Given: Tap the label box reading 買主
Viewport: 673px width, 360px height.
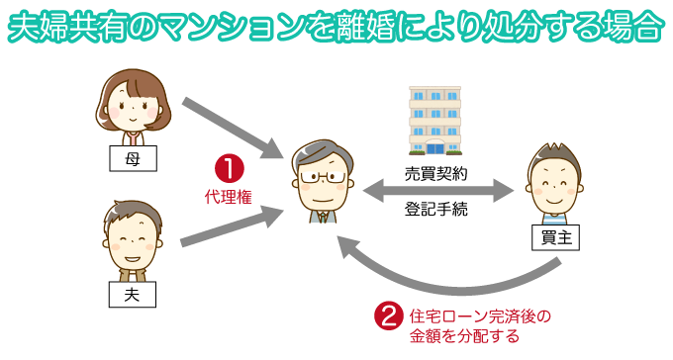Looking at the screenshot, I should (x=554, y=237).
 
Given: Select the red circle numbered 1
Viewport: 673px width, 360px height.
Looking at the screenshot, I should (x=229, y=168).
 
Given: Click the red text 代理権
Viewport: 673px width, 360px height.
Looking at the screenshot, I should (x=228, y=197).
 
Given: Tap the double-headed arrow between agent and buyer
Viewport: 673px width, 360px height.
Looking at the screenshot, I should (x=437, y=192).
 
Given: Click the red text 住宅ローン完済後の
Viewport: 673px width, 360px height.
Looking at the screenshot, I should (x=479, y=317).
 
